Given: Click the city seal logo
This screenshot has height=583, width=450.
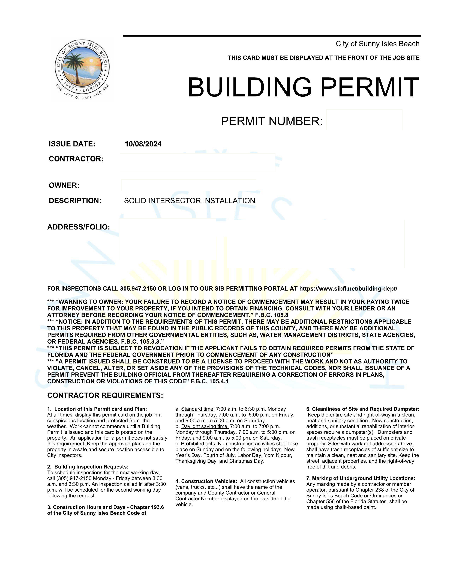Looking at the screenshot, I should (82, 69).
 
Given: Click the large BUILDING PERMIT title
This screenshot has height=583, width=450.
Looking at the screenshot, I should (303, 87).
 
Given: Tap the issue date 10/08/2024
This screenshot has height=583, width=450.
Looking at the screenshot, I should (143, 144).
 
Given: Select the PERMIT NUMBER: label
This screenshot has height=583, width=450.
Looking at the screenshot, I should (271, 121).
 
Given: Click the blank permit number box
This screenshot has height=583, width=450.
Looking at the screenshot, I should (364, 120).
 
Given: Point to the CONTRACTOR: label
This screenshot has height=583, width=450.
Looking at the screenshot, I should (76, 159).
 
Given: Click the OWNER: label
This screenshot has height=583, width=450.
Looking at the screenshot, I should (64, 185).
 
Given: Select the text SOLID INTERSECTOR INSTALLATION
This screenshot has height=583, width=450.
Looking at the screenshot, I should (189, 201).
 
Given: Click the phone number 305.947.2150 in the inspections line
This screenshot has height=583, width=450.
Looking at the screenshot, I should (138, 288).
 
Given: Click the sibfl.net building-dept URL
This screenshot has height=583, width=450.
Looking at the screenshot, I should (348, 288).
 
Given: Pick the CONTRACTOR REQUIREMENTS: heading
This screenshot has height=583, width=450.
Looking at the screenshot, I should (105, 395).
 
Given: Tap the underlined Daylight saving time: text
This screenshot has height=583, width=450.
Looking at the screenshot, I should (205, 427).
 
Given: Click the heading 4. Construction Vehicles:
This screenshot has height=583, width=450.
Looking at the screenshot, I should (206, 481).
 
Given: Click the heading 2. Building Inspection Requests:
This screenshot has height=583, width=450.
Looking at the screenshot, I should (88, 467).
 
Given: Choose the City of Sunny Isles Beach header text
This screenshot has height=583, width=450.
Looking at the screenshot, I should (377, 44).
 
